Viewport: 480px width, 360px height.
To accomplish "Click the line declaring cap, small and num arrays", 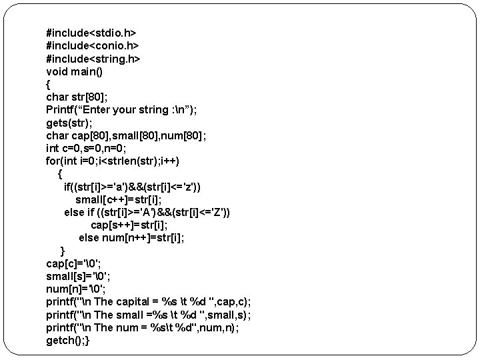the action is pyautogui.click(x=126, y=135).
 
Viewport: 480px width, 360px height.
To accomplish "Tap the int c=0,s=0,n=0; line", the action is pyautogui.click(x=97, y=149).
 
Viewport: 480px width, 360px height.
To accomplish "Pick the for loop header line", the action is pyautogui.click(x=113, y=161).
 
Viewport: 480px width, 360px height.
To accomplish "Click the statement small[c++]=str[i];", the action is pyautogui.click(x=127, y=200).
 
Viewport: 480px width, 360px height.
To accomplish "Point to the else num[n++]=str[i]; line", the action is pyautogui.click(x=131, y=238).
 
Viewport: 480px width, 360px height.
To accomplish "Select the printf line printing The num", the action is pyautogui.click(x=142, y=328).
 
